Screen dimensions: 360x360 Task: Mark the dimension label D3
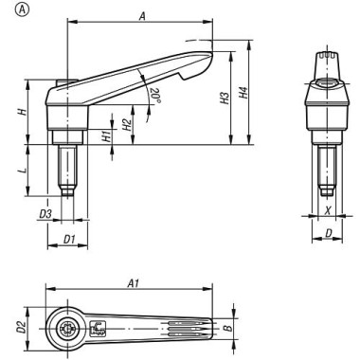45,214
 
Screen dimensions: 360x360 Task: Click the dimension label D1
68,237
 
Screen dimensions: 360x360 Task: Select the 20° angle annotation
154,95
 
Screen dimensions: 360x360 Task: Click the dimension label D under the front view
327,232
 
